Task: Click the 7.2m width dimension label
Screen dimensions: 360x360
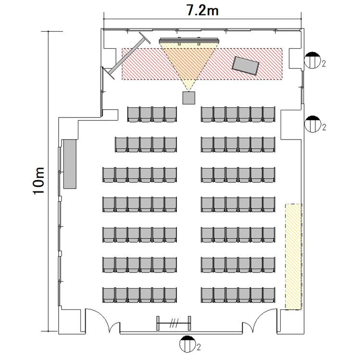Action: tap(203, 10)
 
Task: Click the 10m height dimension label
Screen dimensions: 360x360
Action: tap(39, 181)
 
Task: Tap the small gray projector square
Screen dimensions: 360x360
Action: tap(189, 98)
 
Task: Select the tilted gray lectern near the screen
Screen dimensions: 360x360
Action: tap(245, 65)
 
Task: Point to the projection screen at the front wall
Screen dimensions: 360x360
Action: tap(189, 41)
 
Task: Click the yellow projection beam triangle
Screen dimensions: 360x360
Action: tap(189, 64)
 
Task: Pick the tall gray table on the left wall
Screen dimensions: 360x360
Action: tap(70, 164)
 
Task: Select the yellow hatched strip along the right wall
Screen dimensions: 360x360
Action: tap(294, 257)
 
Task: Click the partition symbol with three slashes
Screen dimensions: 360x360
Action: tap(174, 323)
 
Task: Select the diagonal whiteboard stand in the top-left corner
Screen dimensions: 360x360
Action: tap(128, 55)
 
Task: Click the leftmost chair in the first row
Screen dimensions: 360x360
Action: tap(134, 115)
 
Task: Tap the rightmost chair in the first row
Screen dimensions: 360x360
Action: tap(269, 115)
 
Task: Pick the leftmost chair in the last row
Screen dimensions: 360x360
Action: tap(109, 296)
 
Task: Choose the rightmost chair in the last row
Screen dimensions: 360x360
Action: tap(269, 296)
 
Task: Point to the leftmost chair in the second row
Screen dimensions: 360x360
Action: tap(121, 145)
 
